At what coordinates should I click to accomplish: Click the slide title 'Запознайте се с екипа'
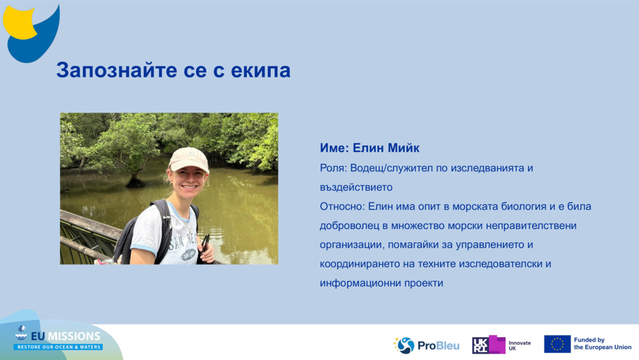tap(173, 70)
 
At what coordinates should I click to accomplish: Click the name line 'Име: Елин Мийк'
tap(369, 148)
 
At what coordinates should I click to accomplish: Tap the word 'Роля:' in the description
tap(332, 168)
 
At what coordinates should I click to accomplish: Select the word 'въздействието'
tap(356, 187)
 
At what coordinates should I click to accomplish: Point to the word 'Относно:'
tap(343, 207)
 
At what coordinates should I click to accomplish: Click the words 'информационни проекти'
tap(381, 283)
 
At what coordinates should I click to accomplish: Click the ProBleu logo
tap(426, 345)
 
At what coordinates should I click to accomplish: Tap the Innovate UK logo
tap(502, 345)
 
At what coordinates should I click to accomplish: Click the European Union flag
tap(557, 344)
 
